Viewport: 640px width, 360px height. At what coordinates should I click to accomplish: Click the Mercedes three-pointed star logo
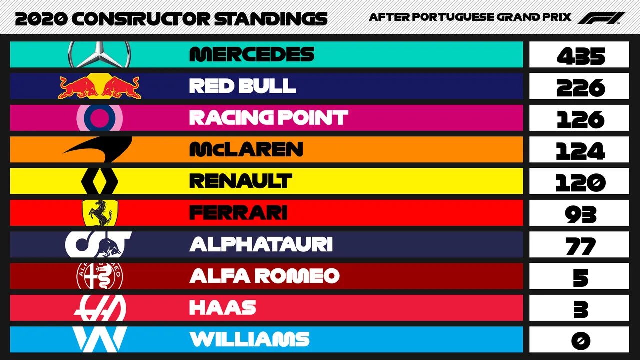(99, 54)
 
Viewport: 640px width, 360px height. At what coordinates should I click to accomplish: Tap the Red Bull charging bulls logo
(99, 86)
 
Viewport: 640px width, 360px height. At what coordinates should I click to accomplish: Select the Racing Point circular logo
(99, 118)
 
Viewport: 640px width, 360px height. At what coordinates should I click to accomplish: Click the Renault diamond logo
(99, 181)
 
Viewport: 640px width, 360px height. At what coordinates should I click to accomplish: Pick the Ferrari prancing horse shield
(100, 213)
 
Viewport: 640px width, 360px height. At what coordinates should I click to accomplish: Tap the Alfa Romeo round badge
(99, 276)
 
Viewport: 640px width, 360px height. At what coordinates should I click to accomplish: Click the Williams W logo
(99, 339)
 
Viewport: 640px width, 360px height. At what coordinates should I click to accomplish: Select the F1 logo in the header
(601, 18)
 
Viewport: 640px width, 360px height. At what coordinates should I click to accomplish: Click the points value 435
(581, 56)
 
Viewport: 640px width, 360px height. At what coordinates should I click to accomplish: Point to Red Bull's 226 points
(581, 88)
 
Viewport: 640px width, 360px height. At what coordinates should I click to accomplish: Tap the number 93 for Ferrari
(581, 214)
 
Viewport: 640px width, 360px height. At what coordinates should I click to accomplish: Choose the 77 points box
(579, 245)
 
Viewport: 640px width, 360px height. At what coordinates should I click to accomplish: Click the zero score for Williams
(581, 341)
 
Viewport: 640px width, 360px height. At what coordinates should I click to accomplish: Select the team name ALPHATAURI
(261, 244)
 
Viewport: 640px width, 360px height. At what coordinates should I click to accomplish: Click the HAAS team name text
(223, 307)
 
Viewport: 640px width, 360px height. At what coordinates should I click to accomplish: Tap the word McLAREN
(246, 149)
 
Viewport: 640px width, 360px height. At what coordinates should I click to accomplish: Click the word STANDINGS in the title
(271, 19)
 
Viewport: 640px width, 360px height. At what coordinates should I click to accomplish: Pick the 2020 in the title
(41, 19)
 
